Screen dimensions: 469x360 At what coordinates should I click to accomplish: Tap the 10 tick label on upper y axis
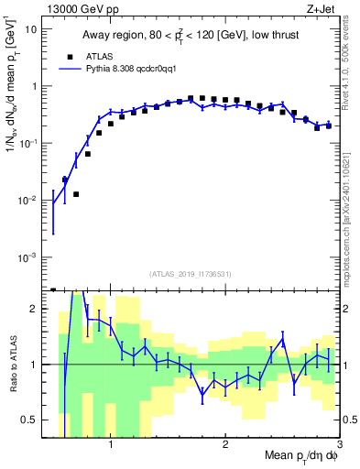pyautogui.click(x=29, y=29)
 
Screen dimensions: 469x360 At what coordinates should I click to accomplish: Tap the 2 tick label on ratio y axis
pyautogui.click(x=33, y=309)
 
